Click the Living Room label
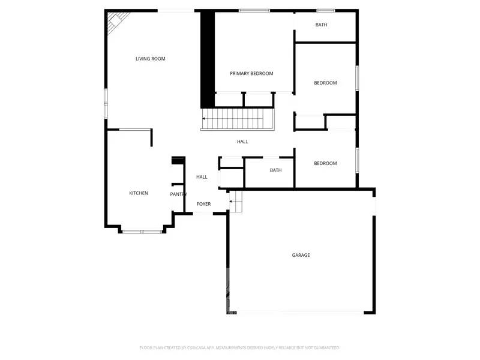pos(150,59)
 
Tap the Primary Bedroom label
pos(251,74)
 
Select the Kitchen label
pos(139,193)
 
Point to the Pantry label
pos(178,194)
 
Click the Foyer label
pos(203,205)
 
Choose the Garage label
pos(301,255)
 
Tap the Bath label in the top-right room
pos(322,25)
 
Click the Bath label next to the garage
pos(275,170)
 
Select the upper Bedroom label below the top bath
pos(325,83)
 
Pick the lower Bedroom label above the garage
pos(325,163)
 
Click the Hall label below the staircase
pos(242,142)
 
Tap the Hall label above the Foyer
pos(202,177)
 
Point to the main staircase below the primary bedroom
pos(238,119)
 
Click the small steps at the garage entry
pos(236,200)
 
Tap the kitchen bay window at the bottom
pos(142,231)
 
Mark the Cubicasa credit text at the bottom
pos(240,347)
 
